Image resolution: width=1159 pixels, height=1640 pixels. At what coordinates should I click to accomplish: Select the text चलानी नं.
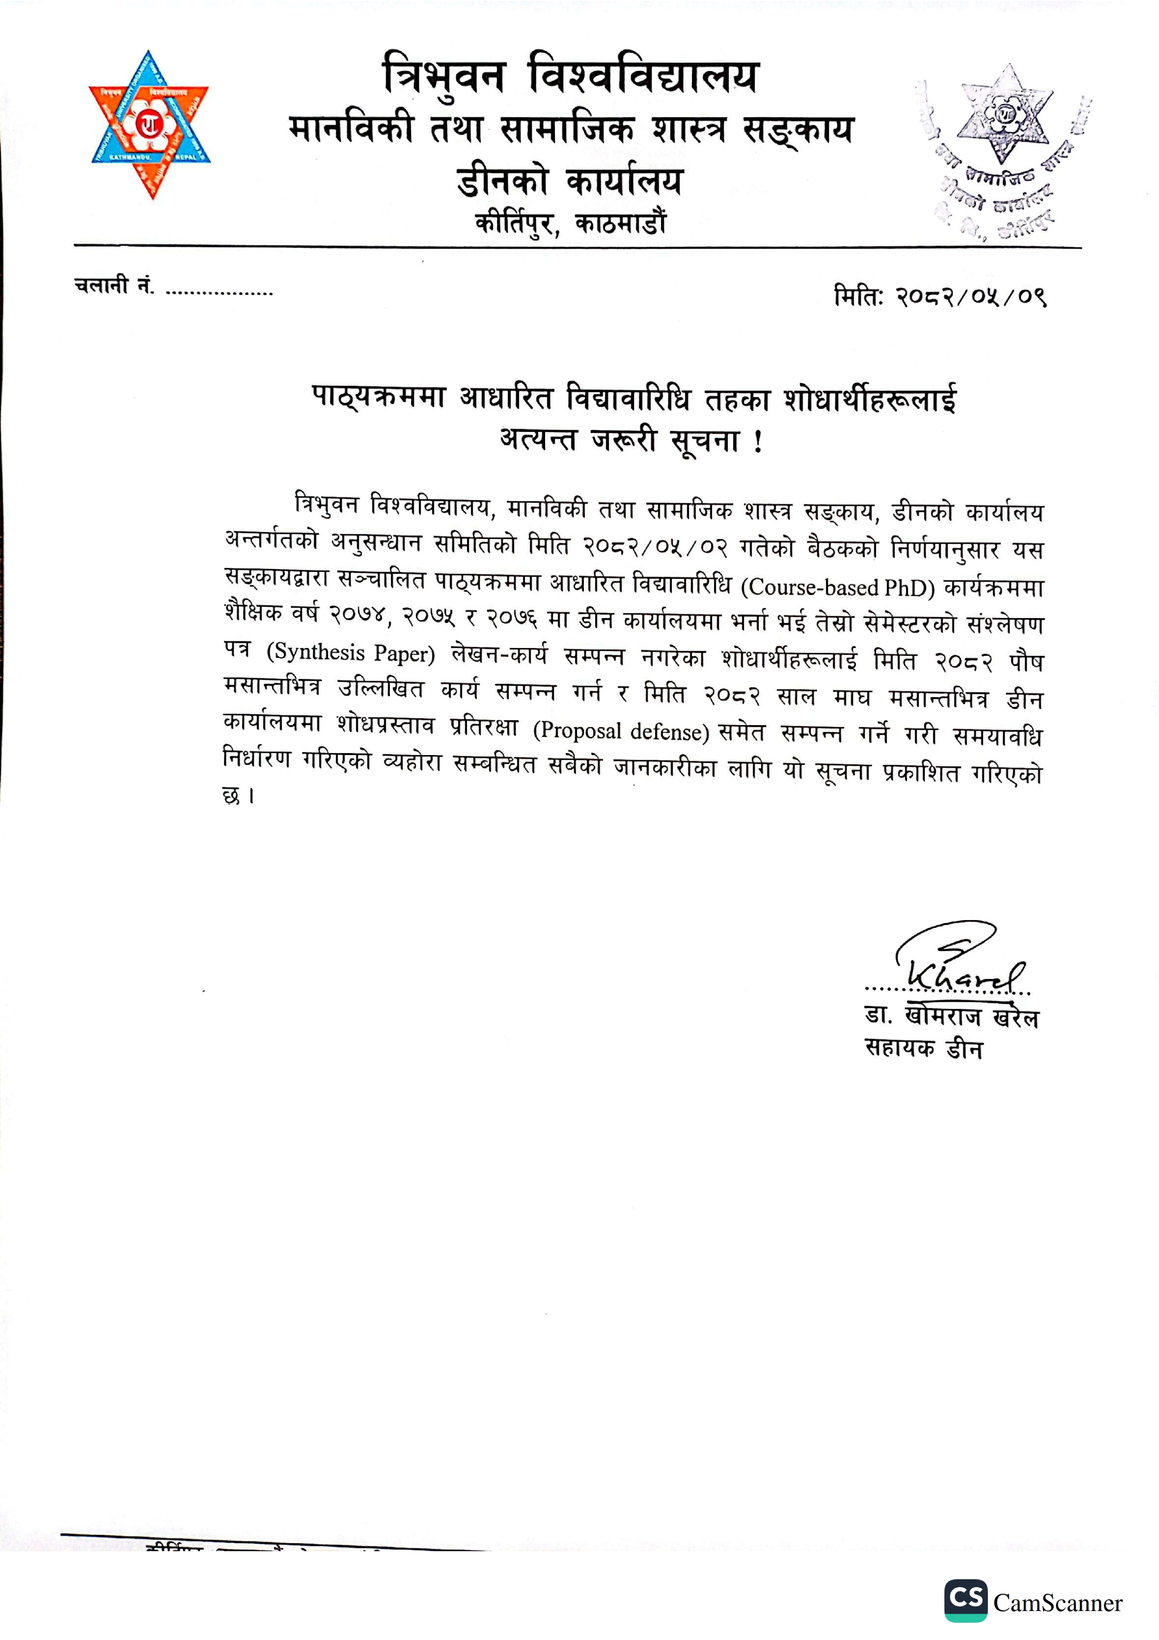coord(114,286)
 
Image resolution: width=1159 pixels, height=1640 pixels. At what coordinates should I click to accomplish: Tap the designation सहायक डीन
coord(923,1049)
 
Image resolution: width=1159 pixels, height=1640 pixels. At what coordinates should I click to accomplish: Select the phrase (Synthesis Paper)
coord(351,653)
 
